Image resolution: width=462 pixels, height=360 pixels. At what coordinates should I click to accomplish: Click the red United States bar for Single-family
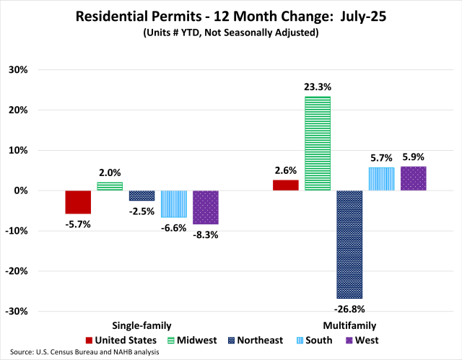[78, 202]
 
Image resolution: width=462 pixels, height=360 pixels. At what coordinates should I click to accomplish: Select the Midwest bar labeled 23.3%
[318, 144]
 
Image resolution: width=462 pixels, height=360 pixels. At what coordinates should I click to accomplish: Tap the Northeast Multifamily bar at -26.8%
[349, 245]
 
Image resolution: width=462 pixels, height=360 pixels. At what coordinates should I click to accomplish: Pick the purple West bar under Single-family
[205, 207]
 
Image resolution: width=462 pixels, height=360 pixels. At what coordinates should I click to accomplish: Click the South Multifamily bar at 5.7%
[381, 179]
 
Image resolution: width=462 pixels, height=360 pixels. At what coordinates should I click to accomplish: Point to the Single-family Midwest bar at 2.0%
[110, 186]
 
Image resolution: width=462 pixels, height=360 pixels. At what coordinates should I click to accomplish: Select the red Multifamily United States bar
[286, 185]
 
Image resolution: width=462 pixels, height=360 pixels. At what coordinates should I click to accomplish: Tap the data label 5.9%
[413, 157]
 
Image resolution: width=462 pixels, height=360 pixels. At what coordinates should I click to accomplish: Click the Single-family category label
[141, 325]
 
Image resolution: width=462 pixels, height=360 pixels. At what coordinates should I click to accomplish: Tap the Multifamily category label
[349, 325]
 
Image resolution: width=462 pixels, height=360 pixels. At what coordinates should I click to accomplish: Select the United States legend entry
[120, 340]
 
